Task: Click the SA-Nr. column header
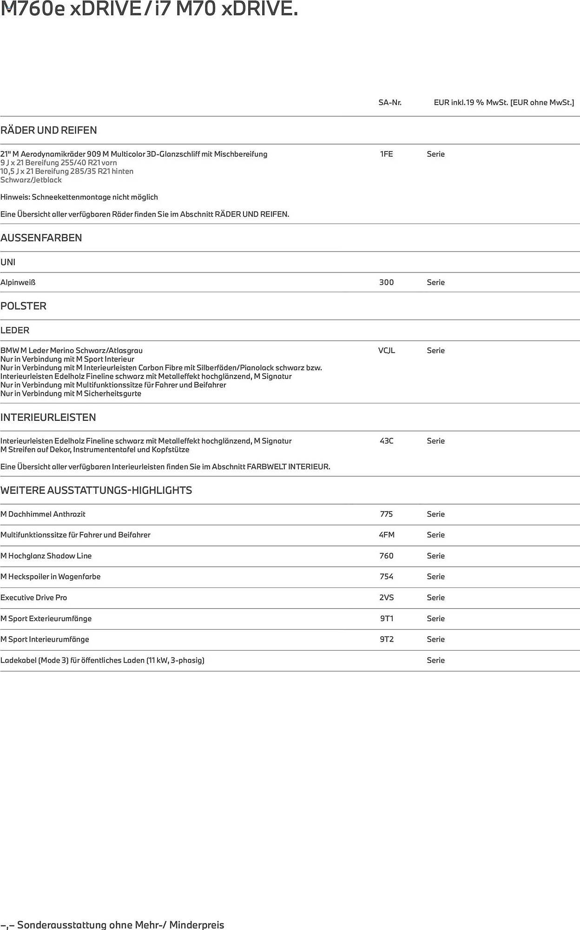coord(389,102)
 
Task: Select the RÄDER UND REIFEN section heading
coord(49,130)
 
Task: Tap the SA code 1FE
coord(386,154)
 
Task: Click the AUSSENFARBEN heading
coord(41,238)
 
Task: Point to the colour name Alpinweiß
coord(18,282)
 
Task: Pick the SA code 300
coord(386,282)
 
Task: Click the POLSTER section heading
coord(24,306)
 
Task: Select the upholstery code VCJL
coord(386,351)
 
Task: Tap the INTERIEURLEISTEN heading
coord(48,417)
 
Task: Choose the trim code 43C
coord(386,441)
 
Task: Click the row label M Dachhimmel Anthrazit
coord(43,514)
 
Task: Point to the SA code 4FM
coord(386,535)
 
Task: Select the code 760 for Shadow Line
coord(386,556)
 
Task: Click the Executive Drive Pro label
coord(34,598)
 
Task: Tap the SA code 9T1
coord(386,618)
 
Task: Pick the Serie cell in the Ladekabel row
coord(435,660)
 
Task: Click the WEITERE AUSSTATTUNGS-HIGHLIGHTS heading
coord(96,490)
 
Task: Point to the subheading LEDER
coord(15,330)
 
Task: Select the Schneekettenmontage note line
coord(79,197)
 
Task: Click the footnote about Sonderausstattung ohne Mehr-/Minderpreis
coord(112,924)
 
